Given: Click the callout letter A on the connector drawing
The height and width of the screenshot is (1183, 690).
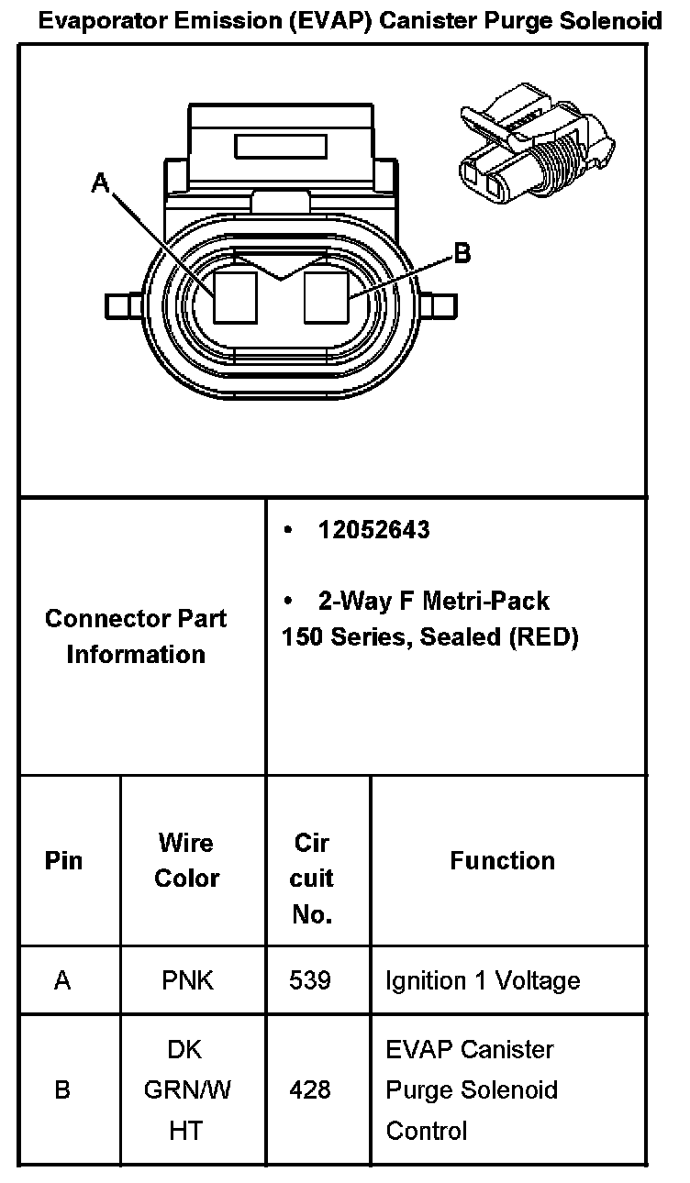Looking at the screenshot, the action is pyautogui.click(x=101, y=183).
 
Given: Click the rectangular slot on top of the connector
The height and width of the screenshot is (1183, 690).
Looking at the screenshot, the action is pyautogui.click(x=281, y=147).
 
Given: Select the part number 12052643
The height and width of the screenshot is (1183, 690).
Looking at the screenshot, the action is pyautogui.click(x=373, y=530).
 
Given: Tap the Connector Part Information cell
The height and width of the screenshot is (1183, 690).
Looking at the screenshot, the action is pyautogui.click(x=136, y=636).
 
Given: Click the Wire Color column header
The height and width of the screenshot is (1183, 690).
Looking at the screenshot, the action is pyautogui.click(x=186, y=860).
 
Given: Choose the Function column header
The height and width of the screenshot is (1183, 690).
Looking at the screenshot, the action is pyautogui.click(x=502, y=860).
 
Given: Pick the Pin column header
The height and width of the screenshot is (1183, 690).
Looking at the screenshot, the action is pyautogui.click(x=63, y=861).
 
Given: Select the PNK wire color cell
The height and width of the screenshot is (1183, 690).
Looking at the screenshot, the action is pyautogui.click(x=187, y=980).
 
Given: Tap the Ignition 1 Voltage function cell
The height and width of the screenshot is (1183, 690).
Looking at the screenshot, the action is pyautogui.click(x=483, y=980).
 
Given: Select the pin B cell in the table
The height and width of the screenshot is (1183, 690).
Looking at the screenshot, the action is pyautogui.click(x=62, y=1090).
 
